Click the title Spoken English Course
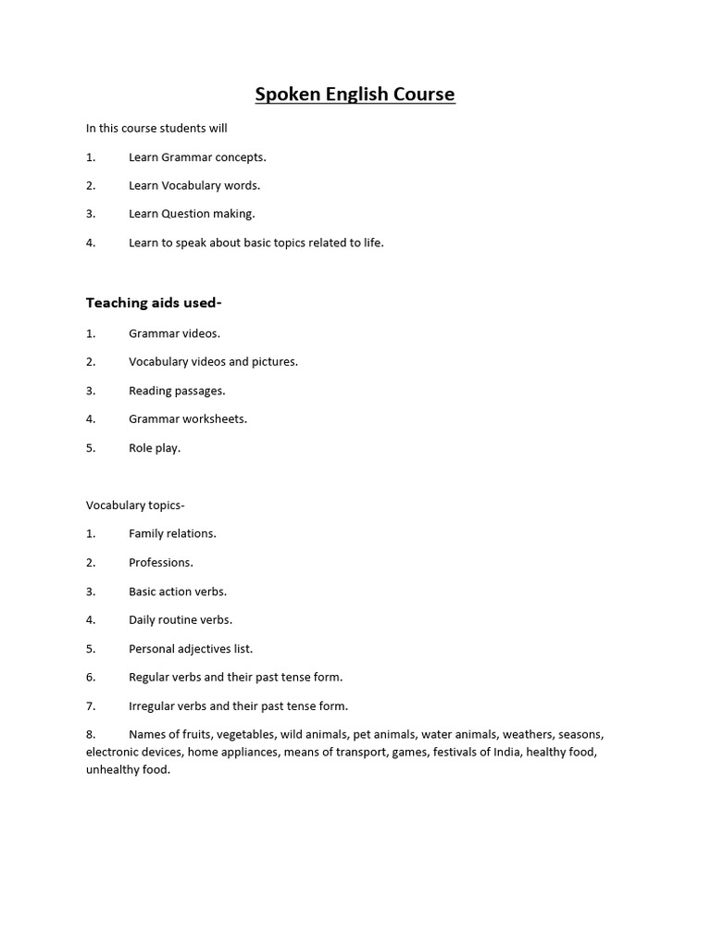(355, 94)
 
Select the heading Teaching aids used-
(154, 303)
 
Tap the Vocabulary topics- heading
(135, 505)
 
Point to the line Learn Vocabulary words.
(194, 185)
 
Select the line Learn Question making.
(192, 214)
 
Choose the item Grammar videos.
(174, 333)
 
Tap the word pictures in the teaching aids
(274, 362)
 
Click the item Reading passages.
(177, 391)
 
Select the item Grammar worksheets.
(188, 419)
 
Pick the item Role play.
(155, 448)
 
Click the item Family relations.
(172, 533)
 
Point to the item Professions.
(161, 562)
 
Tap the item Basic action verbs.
(178, 591)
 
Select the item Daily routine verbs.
(181, 619)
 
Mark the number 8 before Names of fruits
(90, 734)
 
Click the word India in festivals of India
(505, 752)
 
